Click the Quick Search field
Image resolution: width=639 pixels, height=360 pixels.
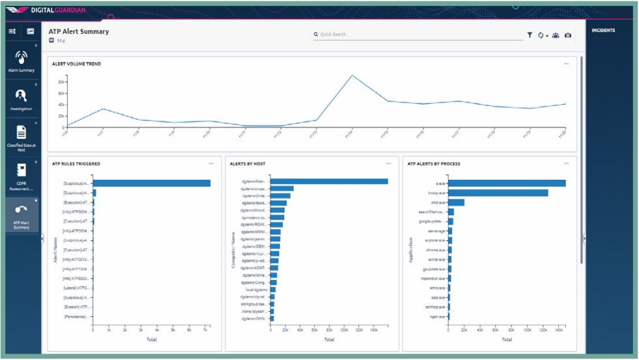417,35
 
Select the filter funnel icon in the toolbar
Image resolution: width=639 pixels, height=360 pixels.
530,35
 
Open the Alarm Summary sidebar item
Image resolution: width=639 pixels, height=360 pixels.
21,62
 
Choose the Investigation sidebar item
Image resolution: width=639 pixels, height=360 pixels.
21,100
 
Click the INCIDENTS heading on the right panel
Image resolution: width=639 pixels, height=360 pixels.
604,31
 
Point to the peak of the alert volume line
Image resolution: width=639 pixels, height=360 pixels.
352,76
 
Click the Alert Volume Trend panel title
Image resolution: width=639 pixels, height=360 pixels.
76,64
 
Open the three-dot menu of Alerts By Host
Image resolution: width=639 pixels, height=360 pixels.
389,163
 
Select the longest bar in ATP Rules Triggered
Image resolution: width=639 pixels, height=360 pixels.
152,183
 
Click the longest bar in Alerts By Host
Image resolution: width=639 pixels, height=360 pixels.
329,182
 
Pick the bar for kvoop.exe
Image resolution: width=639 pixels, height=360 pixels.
498,193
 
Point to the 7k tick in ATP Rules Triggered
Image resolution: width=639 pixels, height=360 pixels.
205,331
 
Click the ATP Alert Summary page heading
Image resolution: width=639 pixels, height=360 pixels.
79,31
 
